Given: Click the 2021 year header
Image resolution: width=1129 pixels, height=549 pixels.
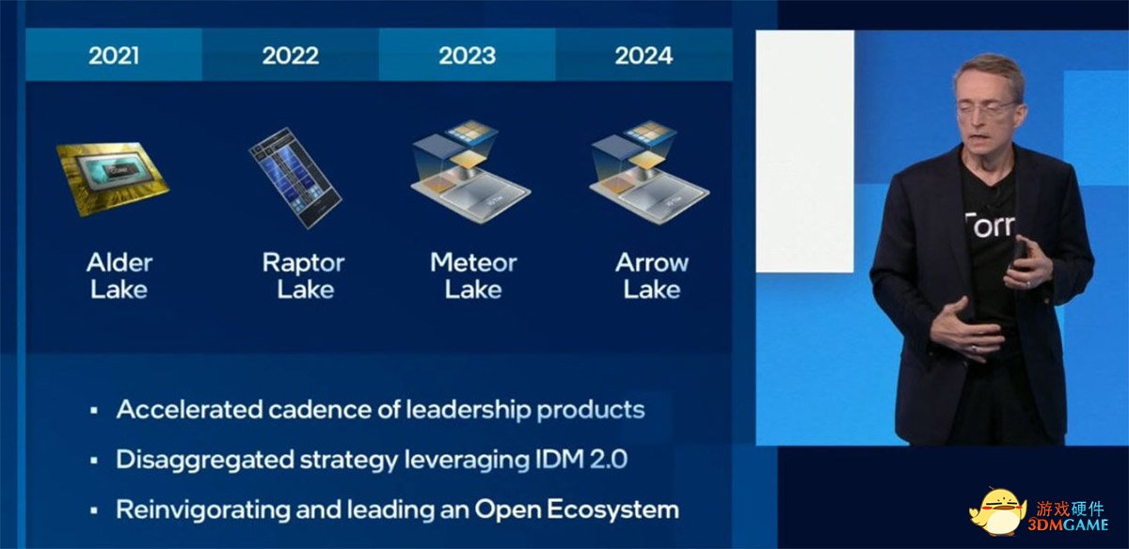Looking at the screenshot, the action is [114, 55].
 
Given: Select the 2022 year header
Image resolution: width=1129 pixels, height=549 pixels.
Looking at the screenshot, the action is [291, 55].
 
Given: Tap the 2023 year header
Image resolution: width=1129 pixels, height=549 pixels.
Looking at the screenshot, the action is [468, 55].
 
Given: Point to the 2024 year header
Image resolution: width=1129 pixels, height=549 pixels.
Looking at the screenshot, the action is [644, 55].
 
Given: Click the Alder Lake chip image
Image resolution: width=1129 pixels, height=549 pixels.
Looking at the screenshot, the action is [113, 180].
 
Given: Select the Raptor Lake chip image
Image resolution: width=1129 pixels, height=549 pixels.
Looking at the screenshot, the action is [295, 178].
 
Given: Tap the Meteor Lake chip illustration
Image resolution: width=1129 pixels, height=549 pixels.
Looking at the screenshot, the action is [470, 172].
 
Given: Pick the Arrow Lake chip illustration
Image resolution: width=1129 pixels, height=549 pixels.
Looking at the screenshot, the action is [650, 172].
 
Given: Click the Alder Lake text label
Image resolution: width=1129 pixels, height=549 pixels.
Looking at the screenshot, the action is [119, 276].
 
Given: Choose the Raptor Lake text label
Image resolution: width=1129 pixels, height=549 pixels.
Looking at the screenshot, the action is [303, 276].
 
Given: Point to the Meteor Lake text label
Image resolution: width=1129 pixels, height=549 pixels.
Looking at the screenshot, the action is [473, 276].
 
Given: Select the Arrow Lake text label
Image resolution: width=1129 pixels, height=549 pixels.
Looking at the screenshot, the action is [652, 276].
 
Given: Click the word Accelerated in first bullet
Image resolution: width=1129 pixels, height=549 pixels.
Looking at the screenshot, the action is [189, 410].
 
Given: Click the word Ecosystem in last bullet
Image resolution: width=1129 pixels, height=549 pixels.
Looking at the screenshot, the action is [612, 510].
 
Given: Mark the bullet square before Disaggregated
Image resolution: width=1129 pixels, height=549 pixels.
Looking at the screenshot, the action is [94, 461].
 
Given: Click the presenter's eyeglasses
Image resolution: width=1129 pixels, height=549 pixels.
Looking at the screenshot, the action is [988, 108].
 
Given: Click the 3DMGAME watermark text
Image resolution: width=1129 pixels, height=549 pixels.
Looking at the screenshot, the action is [1068, 525].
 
